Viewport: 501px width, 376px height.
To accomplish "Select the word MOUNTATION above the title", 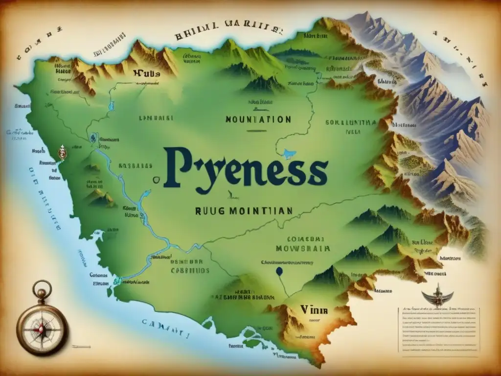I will click(258, 119).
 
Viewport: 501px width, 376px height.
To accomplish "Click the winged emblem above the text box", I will click(437, 295).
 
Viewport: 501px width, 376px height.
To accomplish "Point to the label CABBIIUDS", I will click(190, 270).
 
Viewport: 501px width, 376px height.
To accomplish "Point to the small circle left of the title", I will click(156, 180).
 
